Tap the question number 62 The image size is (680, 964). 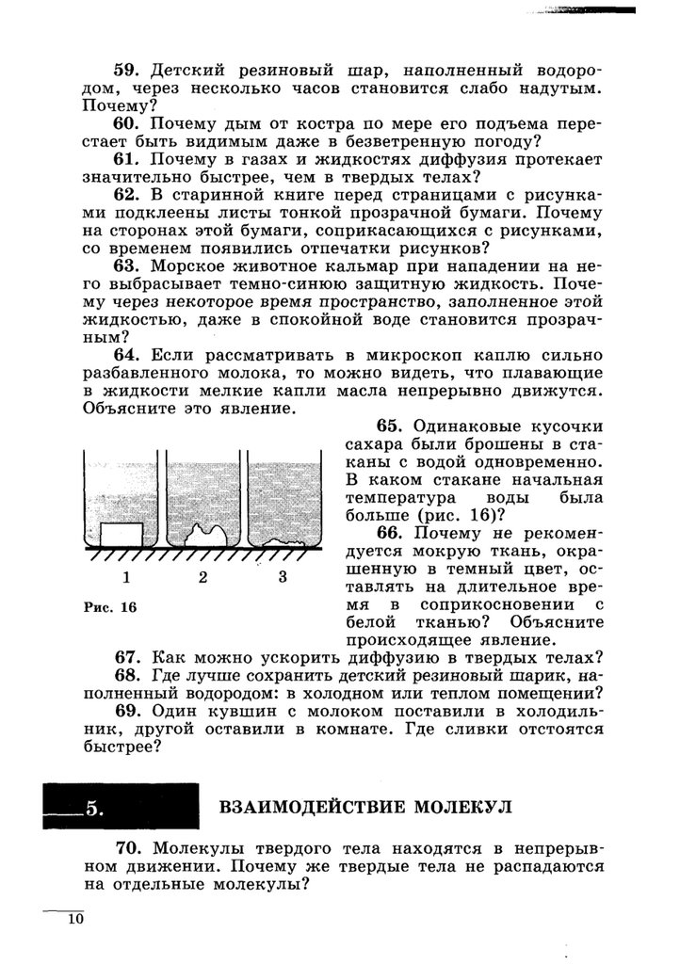[x=126, y=195]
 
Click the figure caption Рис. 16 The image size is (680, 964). [x=109, y=607]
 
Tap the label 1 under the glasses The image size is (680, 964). [x=126, y=577]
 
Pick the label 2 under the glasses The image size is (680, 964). [x=202, y=577]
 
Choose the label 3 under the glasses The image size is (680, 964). [x=282, y=577]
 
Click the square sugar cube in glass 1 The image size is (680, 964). [x=122, y=534]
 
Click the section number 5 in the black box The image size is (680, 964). [x=93, y=808]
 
